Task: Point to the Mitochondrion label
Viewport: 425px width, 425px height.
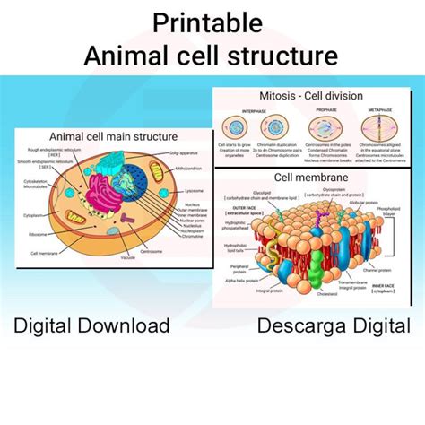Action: tap(188, 169)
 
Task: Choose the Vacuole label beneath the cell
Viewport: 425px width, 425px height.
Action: tap(128, 257)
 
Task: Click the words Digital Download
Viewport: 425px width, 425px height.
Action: tap(91, 325)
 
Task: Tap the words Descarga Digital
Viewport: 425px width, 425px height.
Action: tap(334, 325)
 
